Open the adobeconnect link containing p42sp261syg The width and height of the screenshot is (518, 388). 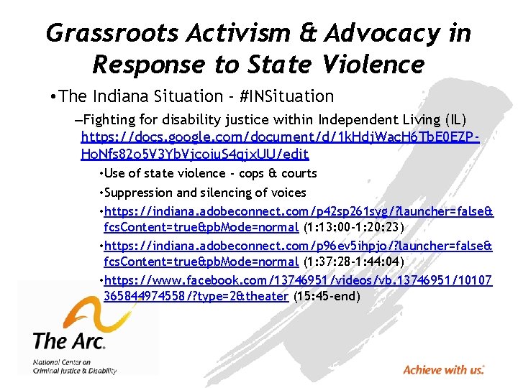pyautogui.click(x=298, y=219)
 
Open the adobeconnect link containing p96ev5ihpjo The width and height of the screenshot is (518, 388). pyautogui.click(x=298, y=254)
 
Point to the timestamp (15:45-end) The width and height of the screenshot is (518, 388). pyautogui.click(x=325, y=296)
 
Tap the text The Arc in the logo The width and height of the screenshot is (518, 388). pyautogui.click(x=68, y=340)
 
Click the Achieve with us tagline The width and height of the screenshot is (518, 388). pyautogui.click(x=443, y=370)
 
